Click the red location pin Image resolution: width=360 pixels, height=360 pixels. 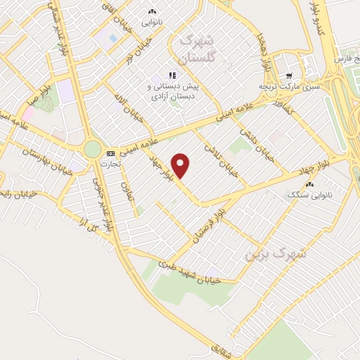(181, 165)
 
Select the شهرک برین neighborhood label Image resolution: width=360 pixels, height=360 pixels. (268, 252)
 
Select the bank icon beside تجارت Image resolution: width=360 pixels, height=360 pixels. (110, 153)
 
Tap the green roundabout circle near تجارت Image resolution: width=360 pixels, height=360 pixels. (92, 149)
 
